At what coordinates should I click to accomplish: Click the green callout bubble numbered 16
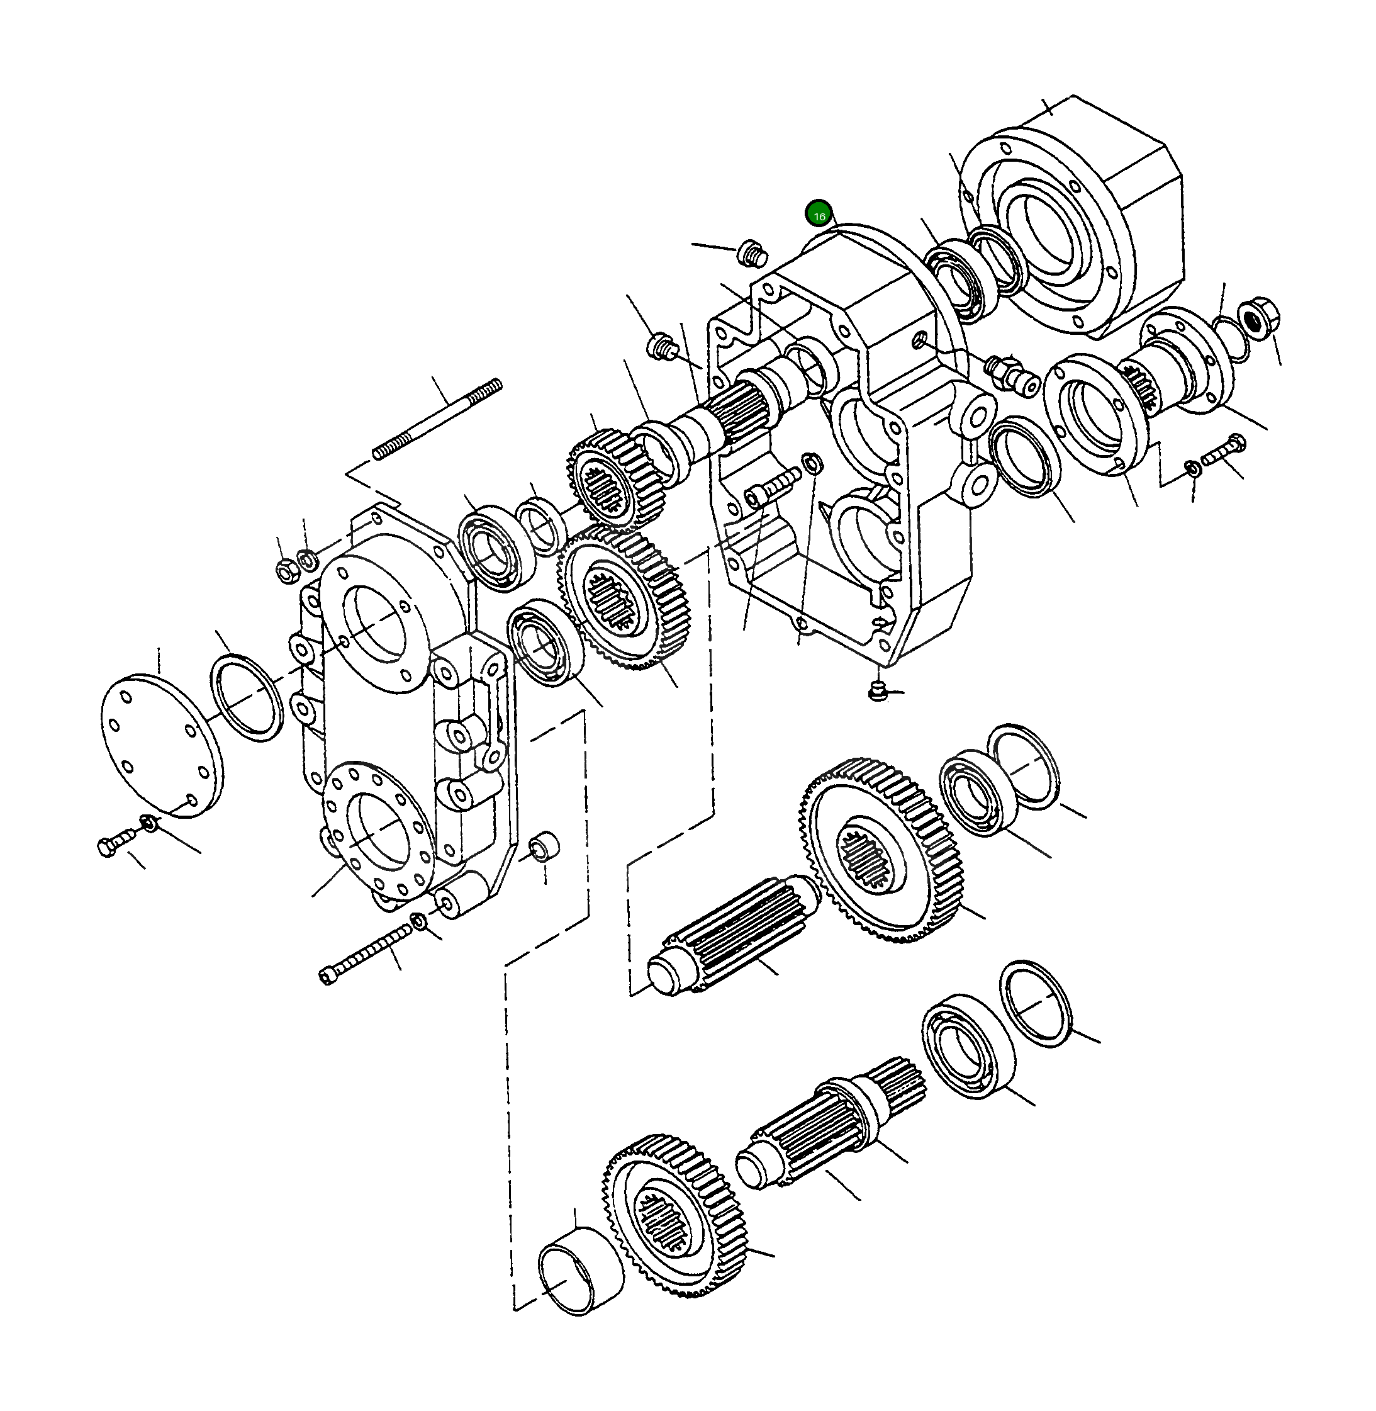[819, 215]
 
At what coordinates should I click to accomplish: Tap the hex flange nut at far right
[1258, 316]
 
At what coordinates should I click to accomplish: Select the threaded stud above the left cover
[437, 419]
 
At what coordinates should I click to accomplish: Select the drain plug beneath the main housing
[876, 690]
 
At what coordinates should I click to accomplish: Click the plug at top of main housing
[752, 254]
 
